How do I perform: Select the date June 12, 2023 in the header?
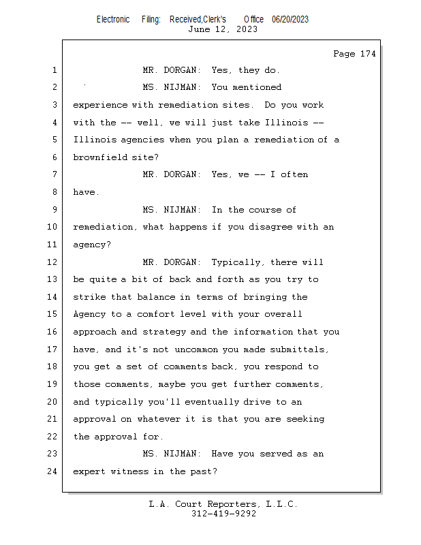tap(223, 29)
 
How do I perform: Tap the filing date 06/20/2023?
tap(290, 19)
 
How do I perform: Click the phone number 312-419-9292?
tap(223, 514)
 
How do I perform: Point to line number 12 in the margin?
tap(54, 262)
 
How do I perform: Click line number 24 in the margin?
tap(54, 471)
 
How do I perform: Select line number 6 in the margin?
tap(54, 157)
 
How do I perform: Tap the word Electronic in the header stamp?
tap(112, 19)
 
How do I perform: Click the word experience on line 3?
tap(99, 105)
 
